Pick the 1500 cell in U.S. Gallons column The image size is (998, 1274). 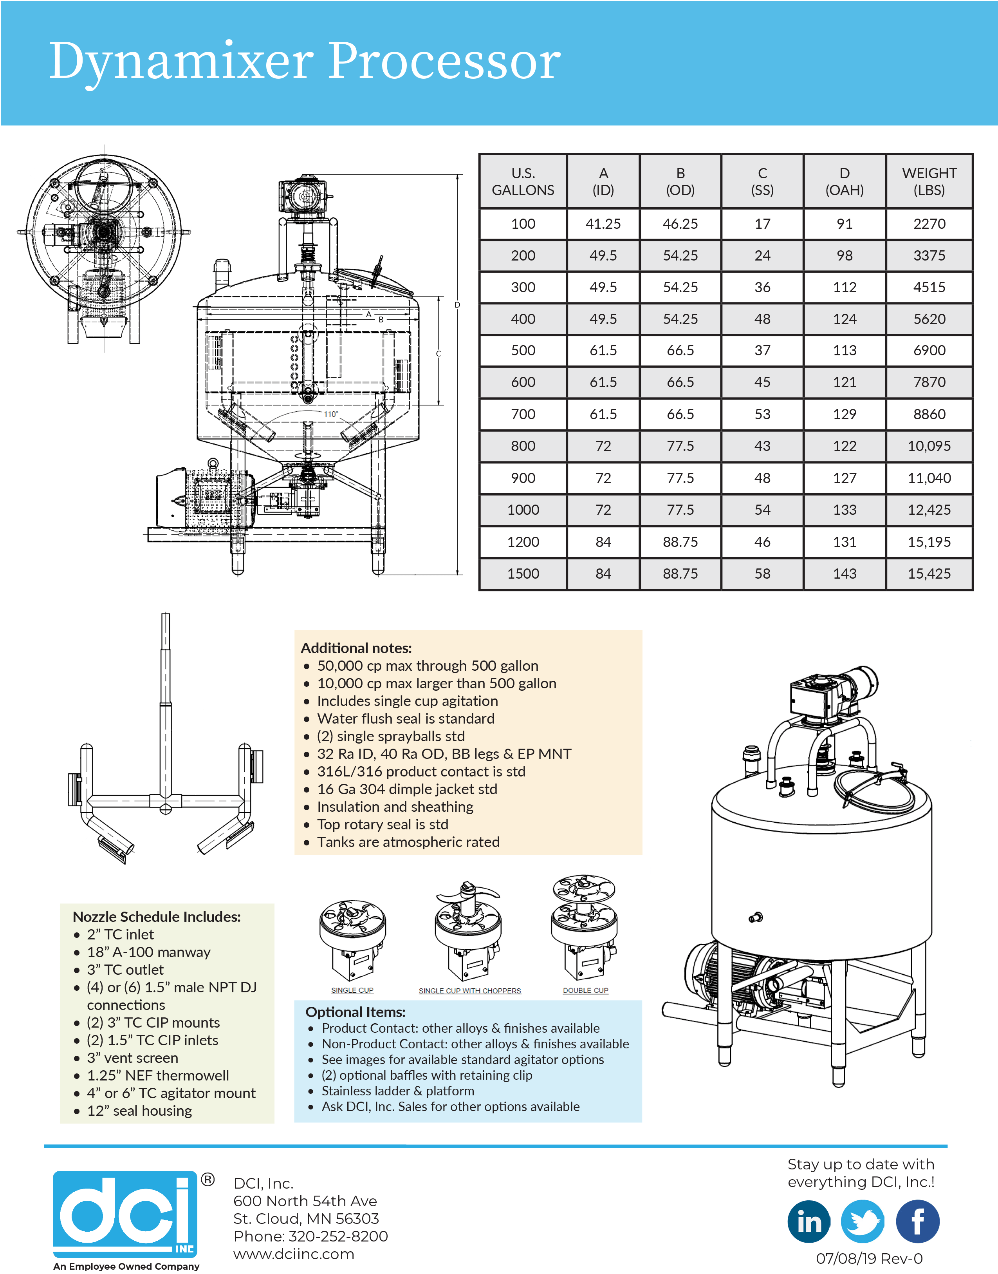(523, 574)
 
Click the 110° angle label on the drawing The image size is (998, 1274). (331, 414)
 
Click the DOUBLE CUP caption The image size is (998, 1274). (585, 990)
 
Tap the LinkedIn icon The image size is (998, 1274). (809, 1222)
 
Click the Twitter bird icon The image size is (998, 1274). (863, 1222)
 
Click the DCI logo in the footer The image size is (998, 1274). (126, 1214)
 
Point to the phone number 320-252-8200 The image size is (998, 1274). (338, 1236)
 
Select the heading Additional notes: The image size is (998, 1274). (356, 648)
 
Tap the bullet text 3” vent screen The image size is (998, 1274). (133, 1058)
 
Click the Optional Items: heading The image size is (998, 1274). (355, 1012)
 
